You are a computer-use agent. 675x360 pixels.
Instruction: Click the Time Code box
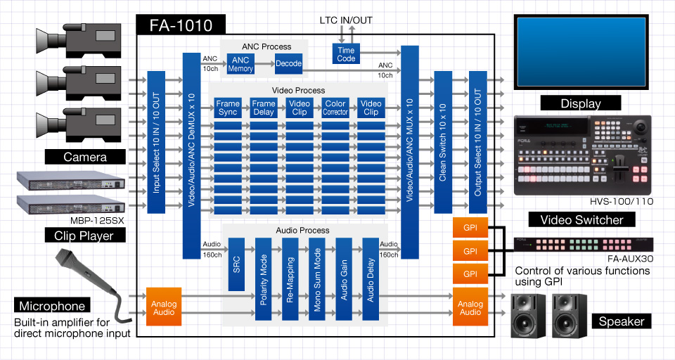point(346,54)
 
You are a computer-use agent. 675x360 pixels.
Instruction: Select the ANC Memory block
point(240,64)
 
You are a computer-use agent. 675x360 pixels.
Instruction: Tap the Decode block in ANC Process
point(288,64)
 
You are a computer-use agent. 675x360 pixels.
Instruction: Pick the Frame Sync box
point(228,108)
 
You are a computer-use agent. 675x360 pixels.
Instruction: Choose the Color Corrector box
point(335,108)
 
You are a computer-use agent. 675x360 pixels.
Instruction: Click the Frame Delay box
point(264,108)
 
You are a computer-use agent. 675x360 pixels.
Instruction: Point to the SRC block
point(236,264)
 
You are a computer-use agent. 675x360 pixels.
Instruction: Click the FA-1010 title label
point(180,26)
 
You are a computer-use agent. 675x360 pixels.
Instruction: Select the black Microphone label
point(53,306)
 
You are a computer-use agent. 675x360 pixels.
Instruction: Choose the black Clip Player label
point(84,236)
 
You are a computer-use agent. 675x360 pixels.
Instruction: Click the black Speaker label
point(622,321)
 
